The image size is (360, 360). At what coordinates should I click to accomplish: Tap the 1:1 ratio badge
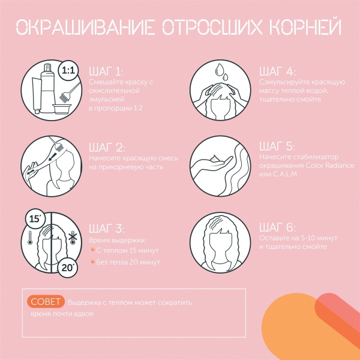(68, 70)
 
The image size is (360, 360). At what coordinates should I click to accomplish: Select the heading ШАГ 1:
(106, 71)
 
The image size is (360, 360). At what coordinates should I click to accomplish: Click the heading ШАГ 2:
(107, 148)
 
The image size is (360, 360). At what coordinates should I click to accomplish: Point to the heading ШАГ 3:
(107, 228)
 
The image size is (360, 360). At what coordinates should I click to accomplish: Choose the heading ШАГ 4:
(277, 71)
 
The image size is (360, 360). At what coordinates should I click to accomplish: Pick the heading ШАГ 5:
(277, 146)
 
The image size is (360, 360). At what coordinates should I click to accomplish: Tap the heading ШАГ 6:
(277, 227)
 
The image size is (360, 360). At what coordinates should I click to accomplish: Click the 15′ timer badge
(35, 219)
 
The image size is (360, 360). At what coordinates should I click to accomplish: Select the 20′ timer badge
(68, 268)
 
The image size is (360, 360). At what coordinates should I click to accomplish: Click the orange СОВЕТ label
(46, 302)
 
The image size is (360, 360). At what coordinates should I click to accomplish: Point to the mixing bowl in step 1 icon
(61, 109)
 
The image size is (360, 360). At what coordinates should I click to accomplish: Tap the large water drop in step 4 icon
(220, 70)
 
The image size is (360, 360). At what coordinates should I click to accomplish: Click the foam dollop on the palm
(215, 158)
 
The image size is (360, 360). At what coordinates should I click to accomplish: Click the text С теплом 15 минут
(127, 250)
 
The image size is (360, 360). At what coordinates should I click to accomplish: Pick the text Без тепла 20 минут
(128, 262)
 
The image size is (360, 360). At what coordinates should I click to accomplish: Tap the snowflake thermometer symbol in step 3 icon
(73, 238)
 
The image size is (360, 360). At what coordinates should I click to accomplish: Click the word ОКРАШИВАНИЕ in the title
(85, 27)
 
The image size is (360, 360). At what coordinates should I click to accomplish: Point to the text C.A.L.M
(284, 174)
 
